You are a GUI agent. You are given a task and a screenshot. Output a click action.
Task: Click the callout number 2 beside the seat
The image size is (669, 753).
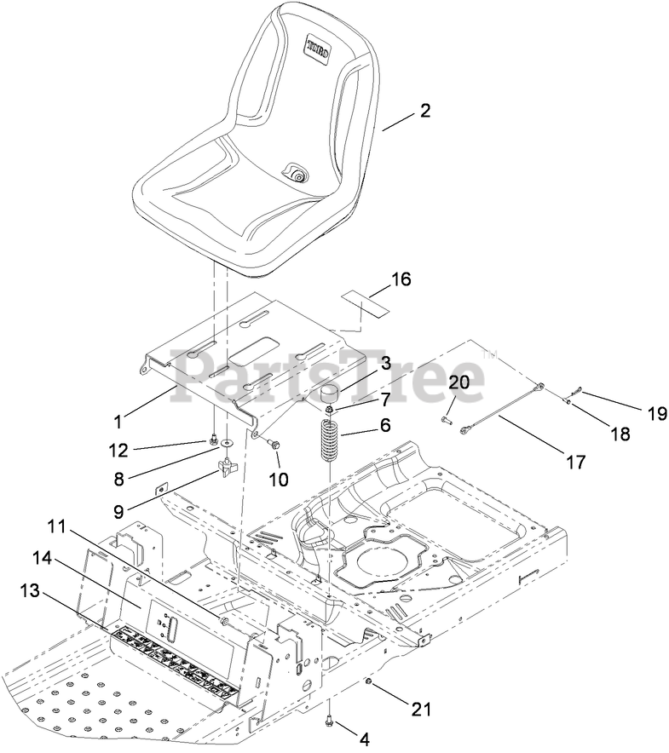[425, 110]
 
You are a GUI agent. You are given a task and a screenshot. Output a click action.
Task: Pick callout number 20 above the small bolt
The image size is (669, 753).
[458, 384]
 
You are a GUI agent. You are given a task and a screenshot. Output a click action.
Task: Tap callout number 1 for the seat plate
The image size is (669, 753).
[118, 419]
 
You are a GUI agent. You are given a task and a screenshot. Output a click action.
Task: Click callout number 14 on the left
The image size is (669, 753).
[41, 559]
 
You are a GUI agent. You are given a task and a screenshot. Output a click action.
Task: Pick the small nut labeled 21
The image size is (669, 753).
[367, 682]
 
